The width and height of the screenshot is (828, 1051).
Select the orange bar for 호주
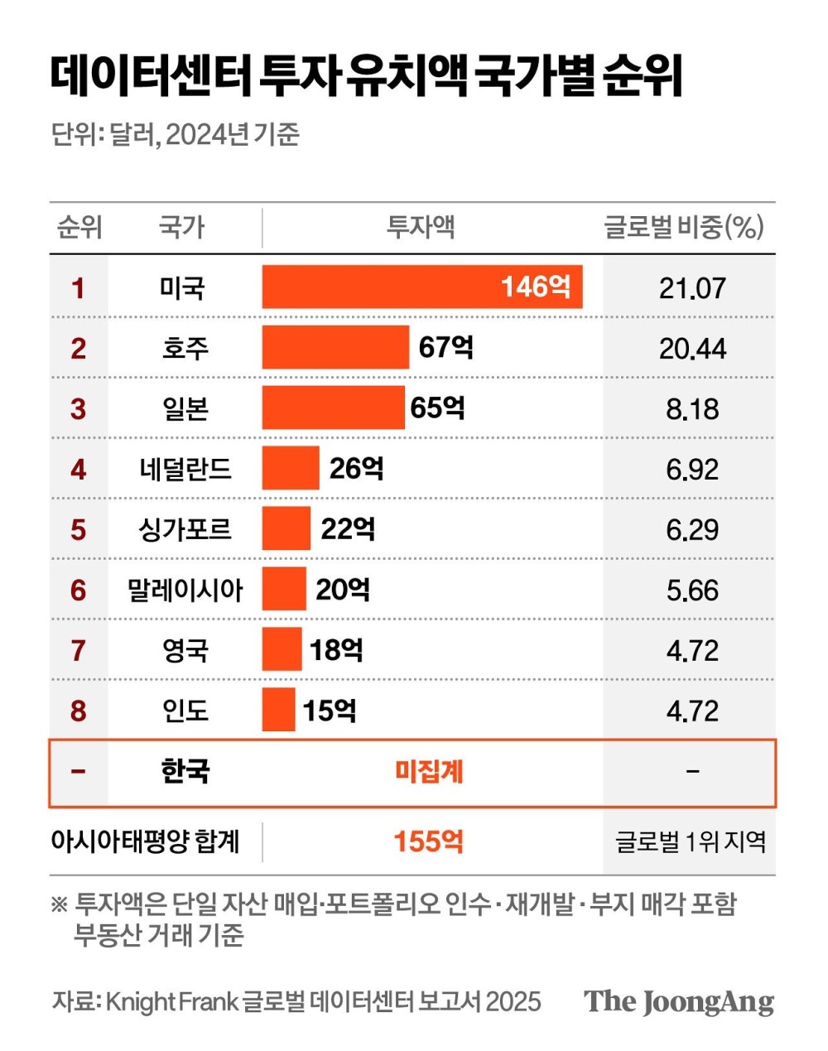point(335,347)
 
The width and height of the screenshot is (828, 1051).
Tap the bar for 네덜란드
point(291,468)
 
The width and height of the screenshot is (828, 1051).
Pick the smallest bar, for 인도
point(278,710)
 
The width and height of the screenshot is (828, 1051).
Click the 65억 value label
point(437,407)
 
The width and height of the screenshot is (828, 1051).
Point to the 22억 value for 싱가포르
point(348,528)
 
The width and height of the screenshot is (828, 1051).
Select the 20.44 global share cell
point(692,349)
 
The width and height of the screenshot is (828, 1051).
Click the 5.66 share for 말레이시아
point(692,590)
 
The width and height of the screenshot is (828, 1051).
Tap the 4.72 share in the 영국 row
point(692,650)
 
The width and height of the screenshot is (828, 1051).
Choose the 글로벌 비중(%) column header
point(684,227)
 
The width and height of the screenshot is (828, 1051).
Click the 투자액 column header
point(421,227)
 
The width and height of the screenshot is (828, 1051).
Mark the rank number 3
point(78,408)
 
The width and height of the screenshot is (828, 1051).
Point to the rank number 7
point(78,650)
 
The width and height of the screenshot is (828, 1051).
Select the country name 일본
point(185,408)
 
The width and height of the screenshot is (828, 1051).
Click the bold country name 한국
point(185,771)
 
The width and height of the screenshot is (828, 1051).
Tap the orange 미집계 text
point(429,772)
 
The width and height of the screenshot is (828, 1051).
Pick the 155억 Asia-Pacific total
point(428,841)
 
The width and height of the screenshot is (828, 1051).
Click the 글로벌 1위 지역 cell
point(691,842)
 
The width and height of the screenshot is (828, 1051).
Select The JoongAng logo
point(679,1001)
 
